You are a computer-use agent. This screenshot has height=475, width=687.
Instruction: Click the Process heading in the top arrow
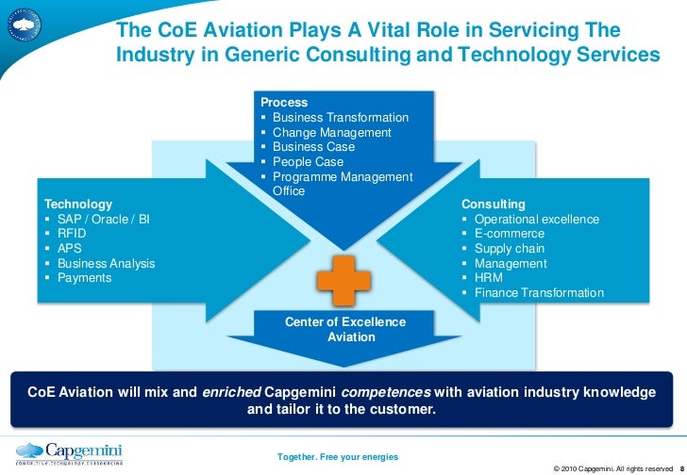pyautogui.click(x=284, y=102)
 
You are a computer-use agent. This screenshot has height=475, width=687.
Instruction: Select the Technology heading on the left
pyautogui.click(x=78, y=204)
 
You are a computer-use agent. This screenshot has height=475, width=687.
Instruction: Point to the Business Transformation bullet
pyautogui.click(x=340, y=118)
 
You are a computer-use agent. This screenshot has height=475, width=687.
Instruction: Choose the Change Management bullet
pyautogui.click(x=331, y=133)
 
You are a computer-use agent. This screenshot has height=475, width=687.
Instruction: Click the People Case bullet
pyautogui.click(x=308, y=162)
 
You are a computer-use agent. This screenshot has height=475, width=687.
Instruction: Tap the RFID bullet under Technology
pyautogui.click(x=72, y=234)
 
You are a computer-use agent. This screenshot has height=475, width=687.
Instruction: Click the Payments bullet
pyautogui.click(x=84, y=278)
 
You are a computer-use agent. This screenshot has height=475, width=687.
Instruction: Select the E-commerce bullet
pyautogui.click(x=510, y=234)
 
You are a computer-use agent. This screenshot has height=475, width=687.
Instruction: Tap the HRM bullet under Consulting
pyautogui.click(x=489, y=278)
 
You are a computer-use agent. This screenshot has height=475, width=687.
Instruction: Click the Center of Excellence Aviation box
pyautogui.click(x=344, y=329)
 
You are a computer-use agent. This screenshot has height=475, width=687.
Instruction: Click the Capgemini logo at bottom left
pyautogui.click(x=71, y=452)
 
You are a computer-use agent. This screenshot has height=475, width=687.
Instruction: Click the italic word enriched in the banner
pyautogui.click(x=231, y=391)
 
